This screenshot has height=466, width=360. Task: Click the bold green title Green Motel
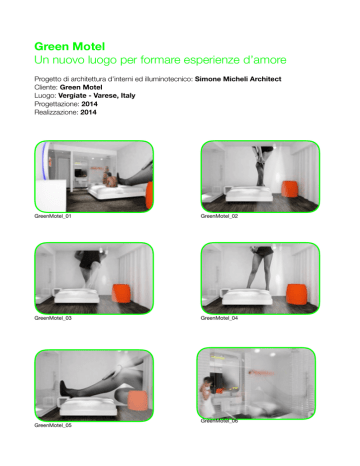70,47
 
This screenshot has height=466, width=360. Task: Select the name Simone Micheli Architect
238,79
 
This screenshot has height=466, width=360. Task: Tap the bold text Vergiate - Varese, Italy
97,96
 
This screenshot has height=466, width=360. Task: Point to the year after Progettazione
89,104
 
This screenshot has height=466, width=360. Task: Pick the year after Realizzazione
88,112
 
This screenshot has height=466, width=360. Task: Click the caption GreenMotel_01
53,216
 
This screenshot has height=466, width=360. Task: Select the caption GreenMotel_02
219,216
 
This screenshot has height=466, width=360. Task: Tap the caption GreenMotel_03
53,318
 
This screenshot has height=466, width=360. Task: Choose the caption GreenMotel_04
219,318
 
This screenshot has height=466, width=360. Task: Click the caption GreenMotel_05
53,425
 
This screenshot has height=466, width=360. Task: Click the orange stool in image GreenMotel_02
289,189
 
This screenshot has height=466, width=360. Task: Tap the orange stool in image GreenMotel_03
121,293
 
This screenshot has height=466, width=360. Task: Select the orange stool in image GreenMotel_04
295,294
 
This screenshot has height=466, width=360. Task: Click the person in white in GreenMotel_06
207,396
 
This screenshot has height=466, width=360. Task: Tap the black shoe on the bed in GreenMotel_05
64,389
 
